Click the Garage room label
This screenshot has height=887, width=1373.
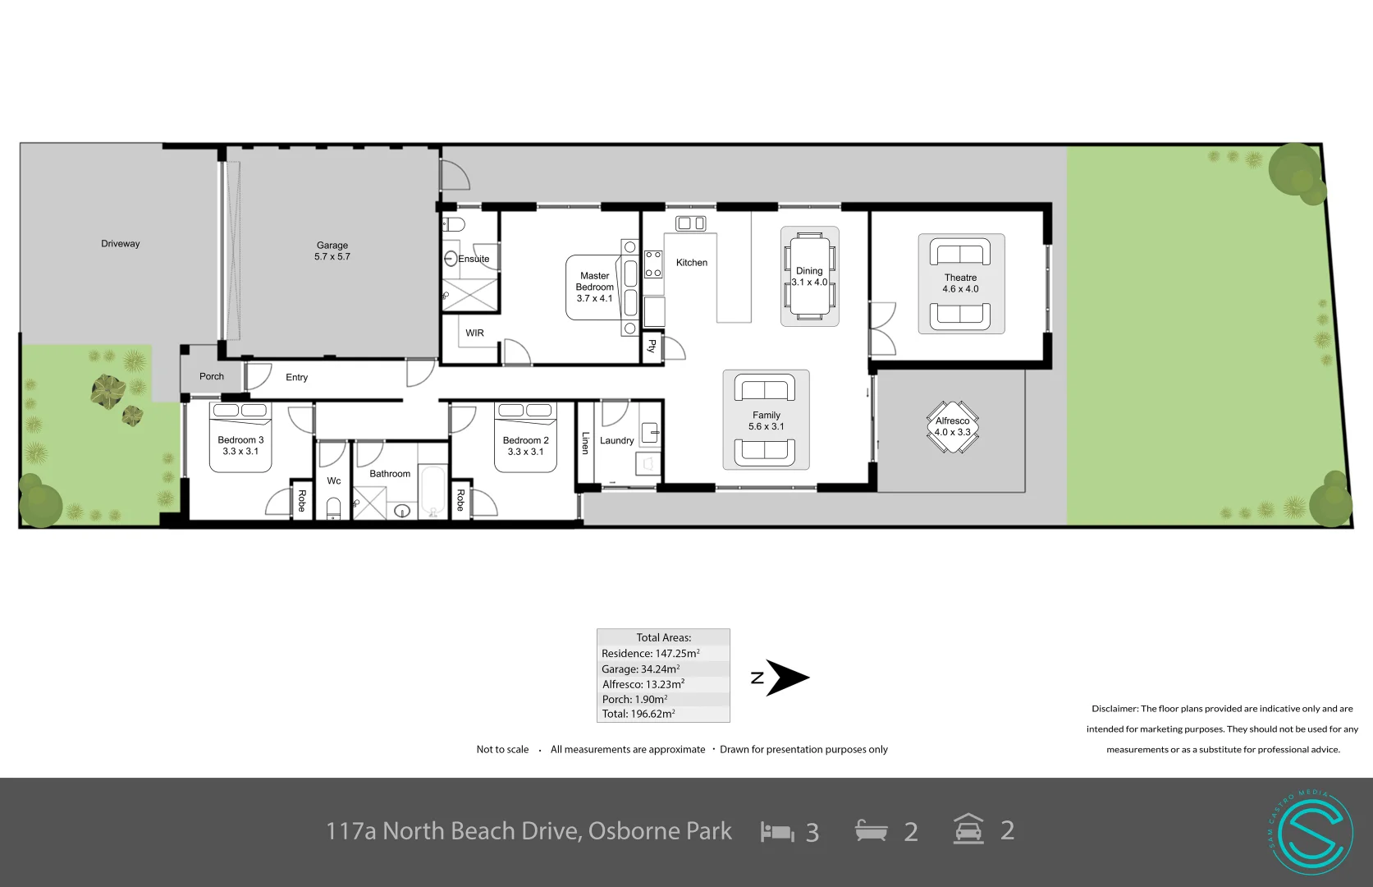tap(332, 250)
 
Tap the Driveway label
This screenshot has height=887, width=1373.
tap(121, 244)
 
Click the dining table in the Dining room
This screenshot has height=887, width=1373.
tap(809, 276)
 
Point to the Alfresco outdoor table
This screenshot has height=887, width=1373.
tap(953, 427)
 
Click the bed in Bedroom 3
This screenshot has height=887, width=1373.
tap(240, 438)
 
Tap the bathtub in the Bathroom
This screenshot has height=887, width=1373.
tap(432, 490)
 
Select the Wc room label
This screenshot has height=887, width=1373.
tap(334, 481)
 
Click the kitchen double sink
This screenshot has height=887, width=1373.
tap(690, 223)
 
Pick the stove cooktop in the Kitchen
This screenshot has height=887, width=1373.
tap(653, 264)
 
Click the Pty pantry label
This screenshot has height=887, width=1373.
tap(652, 347)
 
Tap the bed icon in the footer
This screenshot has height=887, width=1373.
tap(777, 832)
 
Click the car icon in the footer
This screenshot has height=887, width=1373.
tap(968, 830)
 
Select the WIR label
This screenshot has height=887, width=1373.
tap(474, 333)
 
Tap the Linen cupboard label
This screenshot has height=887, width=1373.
tap(585, 443)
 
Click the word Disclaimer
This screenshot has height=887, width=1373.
tap(1114, 708)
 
